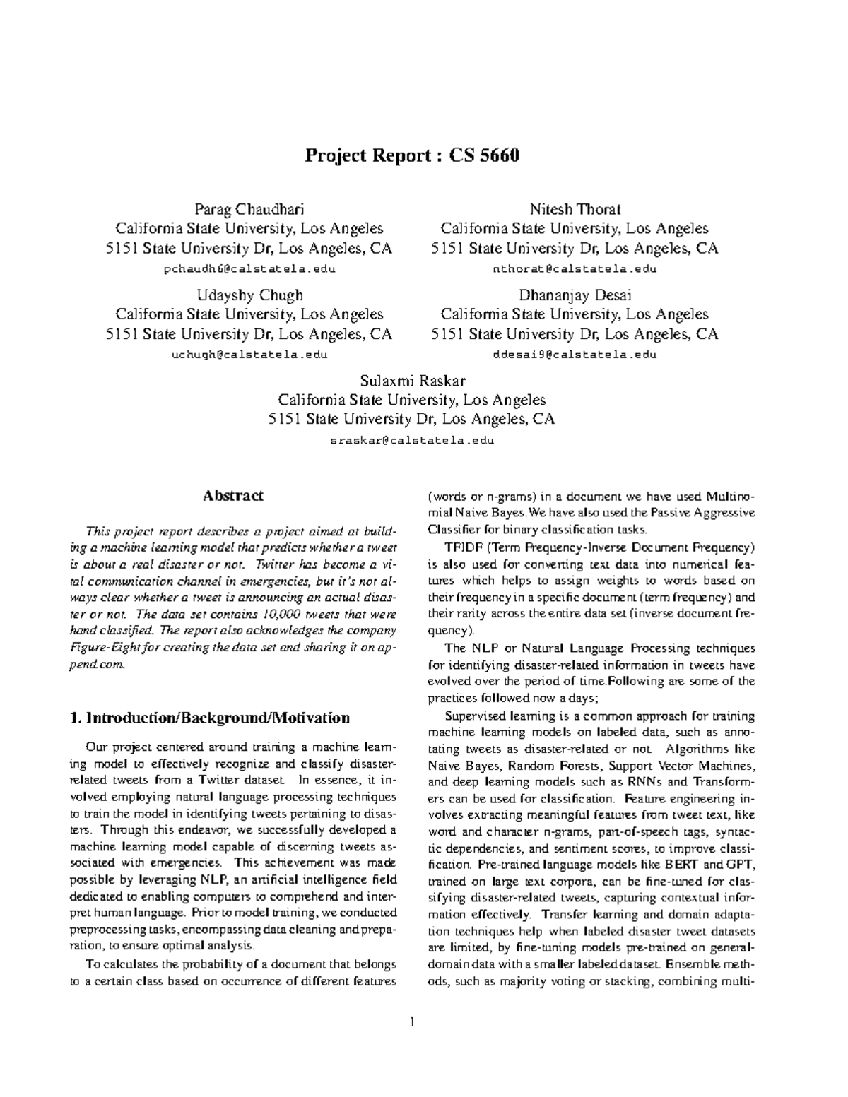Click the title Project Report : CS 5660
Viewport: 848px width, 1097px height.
click(412, 155)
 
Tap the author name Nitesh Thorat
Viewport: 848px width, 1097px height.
click(575, 209)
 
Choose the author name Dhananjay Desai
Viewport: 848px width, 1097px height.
click(575, 295)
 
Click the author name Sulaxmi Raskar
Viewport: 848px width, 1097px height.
click(412, 381)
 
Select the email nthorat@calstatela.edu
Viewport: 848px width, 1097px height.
click(575, 269)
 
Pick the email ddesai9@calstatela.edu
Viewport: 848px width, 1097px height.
click(575, 355)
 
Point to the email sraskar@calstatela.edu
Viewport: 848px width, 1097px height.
click(412, 441)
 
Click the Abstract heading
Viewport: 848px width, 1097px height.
click(233, 496)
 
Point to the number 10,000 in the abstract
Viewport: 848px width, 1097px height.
click(283, 614)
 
